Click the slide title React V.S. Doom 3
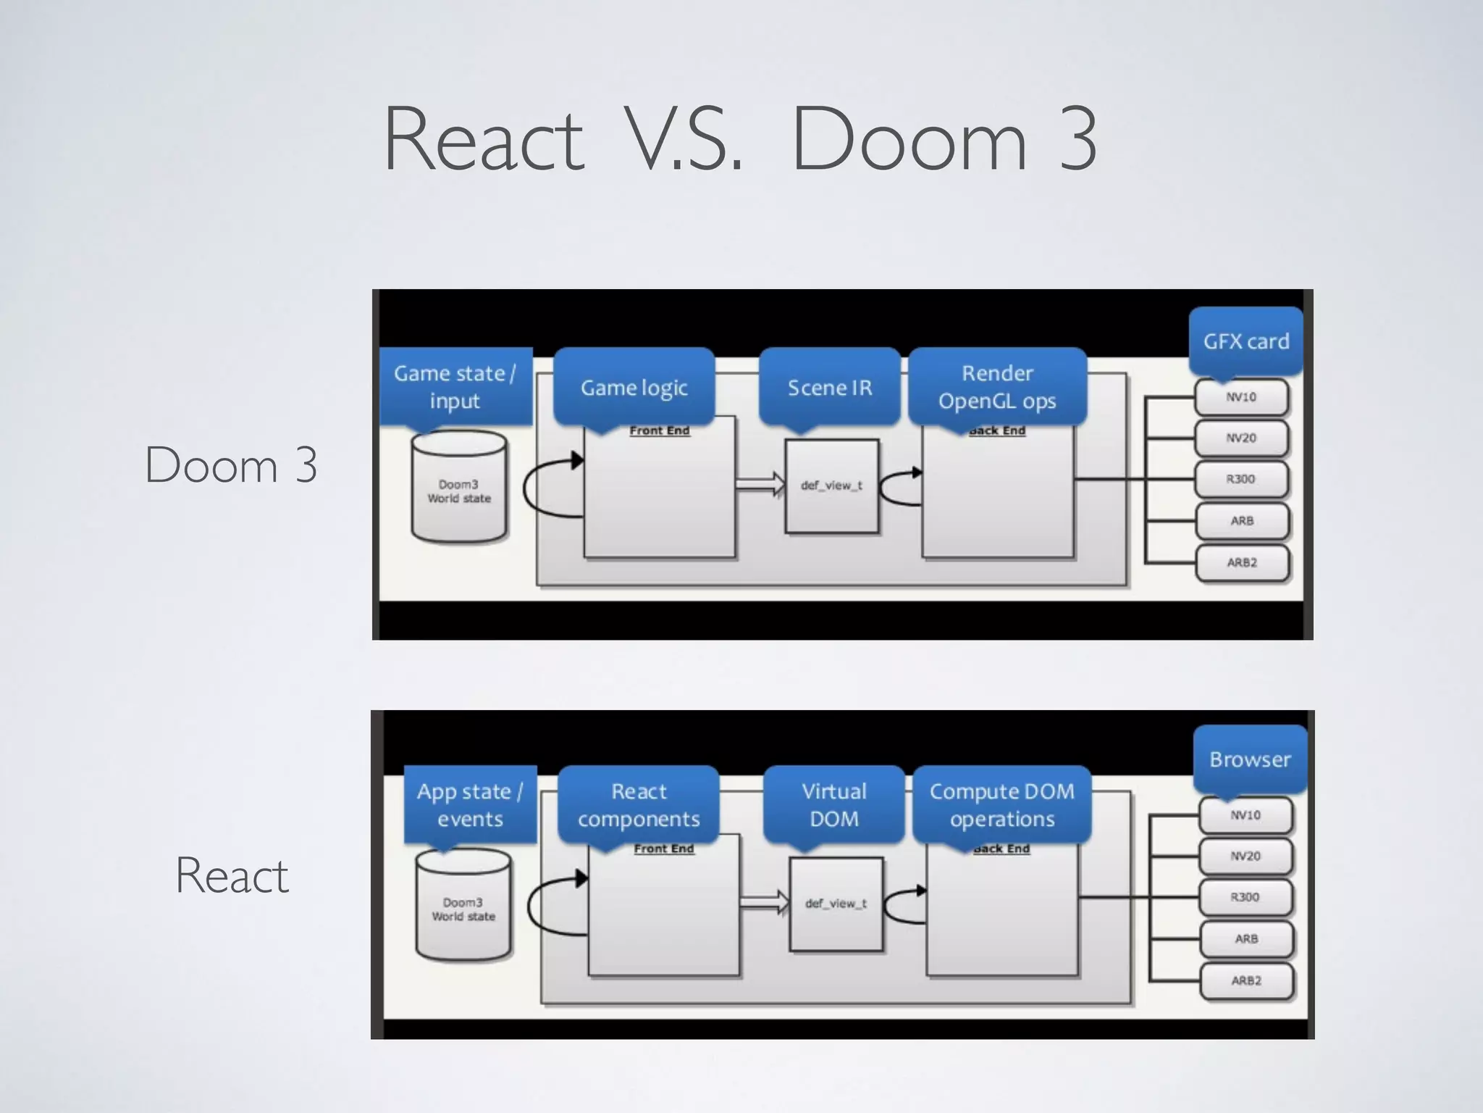point(740,139)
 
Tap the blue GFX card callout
point(1245,341)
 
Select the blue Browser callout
point(1250,759)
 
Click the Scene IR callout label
point(830,388)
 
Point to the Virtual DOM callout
point(833,805)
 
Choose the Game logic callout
point(634,388)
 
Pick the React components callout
point(639,805)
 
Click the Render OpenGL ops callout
point(997,387)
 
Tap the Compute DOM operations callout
point(1001,805)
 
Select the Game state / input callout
point(455,387)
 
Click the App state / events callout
point(470,805)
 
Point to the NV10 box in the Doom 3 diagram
point(1241,397)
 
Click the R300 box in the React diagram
point(1245,897)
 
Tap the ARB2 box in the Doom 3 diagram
point(1242,562)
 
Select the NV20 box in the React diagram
point(1245,856)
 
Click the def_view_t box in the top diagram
point(831,486)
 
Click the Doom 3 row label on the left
point(231,464)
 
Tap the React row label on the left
point(232,875)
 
